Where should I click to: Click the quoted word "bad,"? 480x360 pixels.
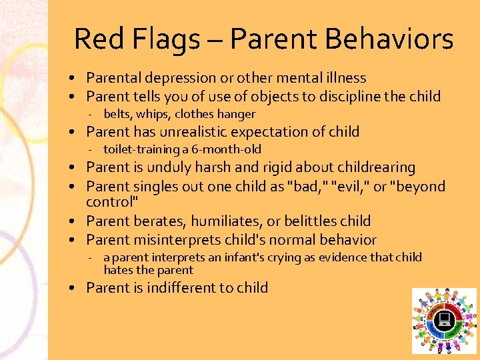pyautogui.click(x=300, y=186)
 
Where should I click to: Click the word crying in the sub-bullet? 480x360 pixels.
pyautogui.click(x=272, y=257)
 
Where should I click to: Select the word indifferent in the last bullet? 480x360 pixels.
pyautogui.click(x=179, y=288)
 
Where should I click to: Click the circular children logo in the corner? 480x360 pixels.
pyautogui.click(x=444, y=321)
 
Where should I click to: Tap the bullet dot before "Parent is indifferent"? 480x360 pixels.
pyautogui.click(x=78, y=289)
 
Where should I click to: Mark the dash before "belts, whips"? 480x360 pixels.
pyautogui.click(x=96, y=115)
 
